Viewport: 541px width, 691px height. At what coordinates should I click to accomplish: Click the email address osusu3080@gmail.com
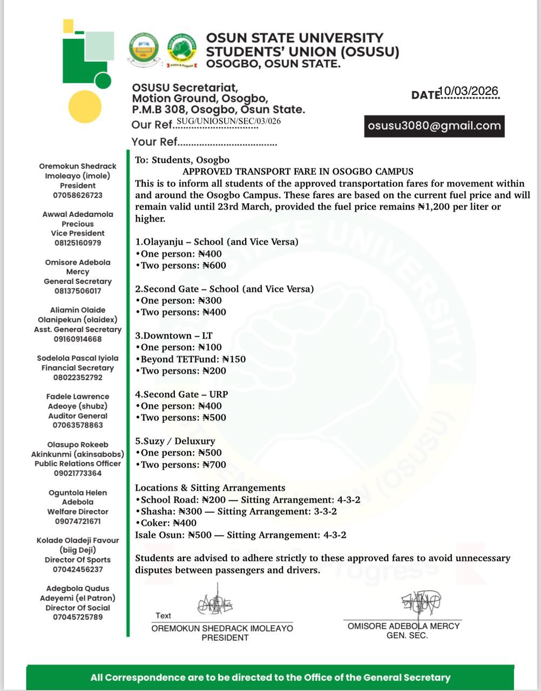434,126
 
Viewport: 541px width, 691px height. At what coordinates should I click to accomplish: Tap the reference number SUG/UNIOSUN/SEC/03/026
229,121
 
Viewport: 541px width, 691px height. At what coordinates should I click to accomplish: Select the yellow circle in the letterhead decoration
85,107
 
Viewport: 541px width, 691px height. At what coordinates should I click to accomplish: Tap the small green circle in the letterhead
103,81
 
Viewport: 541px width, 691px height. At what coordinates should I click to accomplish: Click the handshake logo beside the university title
181,49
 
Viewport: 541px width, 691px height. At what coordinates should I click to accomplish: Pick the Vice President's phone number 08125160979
77,243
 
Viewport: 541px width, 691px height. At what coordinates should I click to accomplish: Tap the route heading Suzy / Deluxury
179,441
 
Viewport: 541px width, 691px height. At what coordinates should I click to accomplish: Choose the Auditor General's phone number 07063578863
78,425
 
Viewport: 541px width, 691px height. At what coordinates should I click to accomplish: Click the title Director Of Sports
78,560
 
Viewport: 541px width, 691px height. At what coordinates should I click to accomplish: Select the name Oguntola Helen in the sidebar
78,493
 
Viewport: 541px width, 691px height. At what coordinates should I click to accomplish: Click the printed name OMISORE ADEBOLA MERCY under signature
403,626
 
